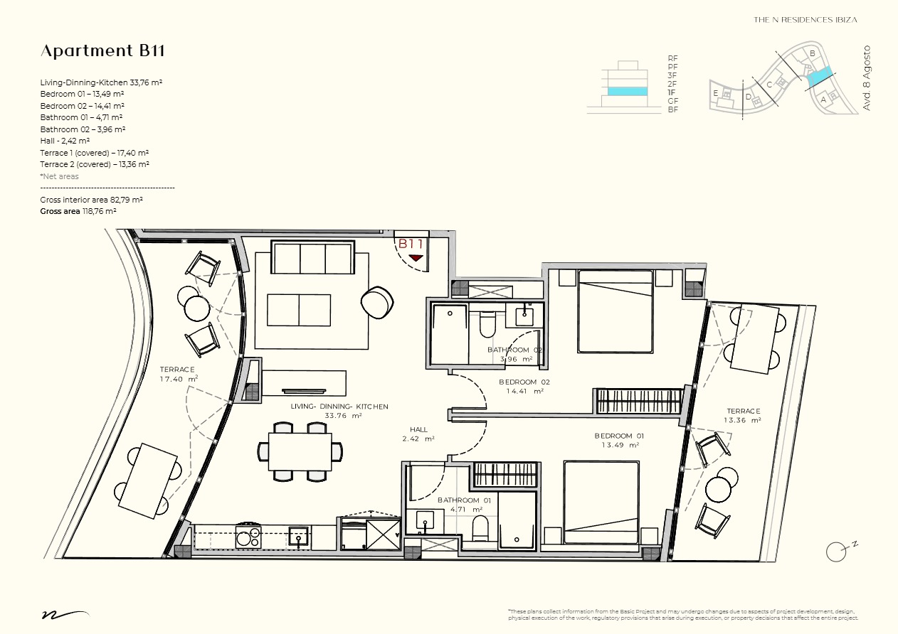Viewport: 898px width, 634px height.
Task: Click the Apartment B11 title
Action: click(103, 51)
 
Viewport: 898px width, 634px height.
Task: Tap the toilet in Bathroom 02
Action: click(487, 324)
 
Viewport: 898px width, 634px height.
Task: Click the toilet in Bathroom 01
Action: click(480, 529)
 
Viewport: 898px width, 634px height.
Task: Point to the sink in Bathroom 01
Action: click(426, 522)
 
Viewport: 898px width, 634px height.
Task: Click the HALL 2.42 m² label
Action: click(419, 434)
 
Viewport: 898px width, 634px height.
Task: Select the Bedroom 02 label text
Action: click(524, 386)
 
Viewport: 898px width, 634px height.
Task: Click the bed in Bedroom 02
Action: click(615, 311)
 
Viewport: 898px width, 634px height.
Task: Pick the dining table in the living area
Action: click(300, 451)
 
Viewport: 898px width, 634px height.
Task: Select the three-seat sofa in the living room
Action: click(312, 257)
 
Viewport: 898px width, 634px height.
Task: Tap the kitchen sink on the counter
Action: click(298, 537)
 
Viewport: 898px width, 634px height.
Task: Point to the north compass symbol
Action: click(838, 550)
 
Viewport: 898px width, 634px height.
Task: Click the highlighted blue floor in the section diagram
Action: click(628, 92)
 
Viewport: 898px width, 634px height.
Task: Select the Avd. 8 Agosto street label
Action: click(867, 78)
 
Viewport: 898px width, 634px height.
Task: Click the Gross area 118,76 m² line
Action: click(78, 212)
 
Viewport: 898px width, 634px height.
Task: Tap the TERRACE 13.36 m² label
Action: click(743, 415)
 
